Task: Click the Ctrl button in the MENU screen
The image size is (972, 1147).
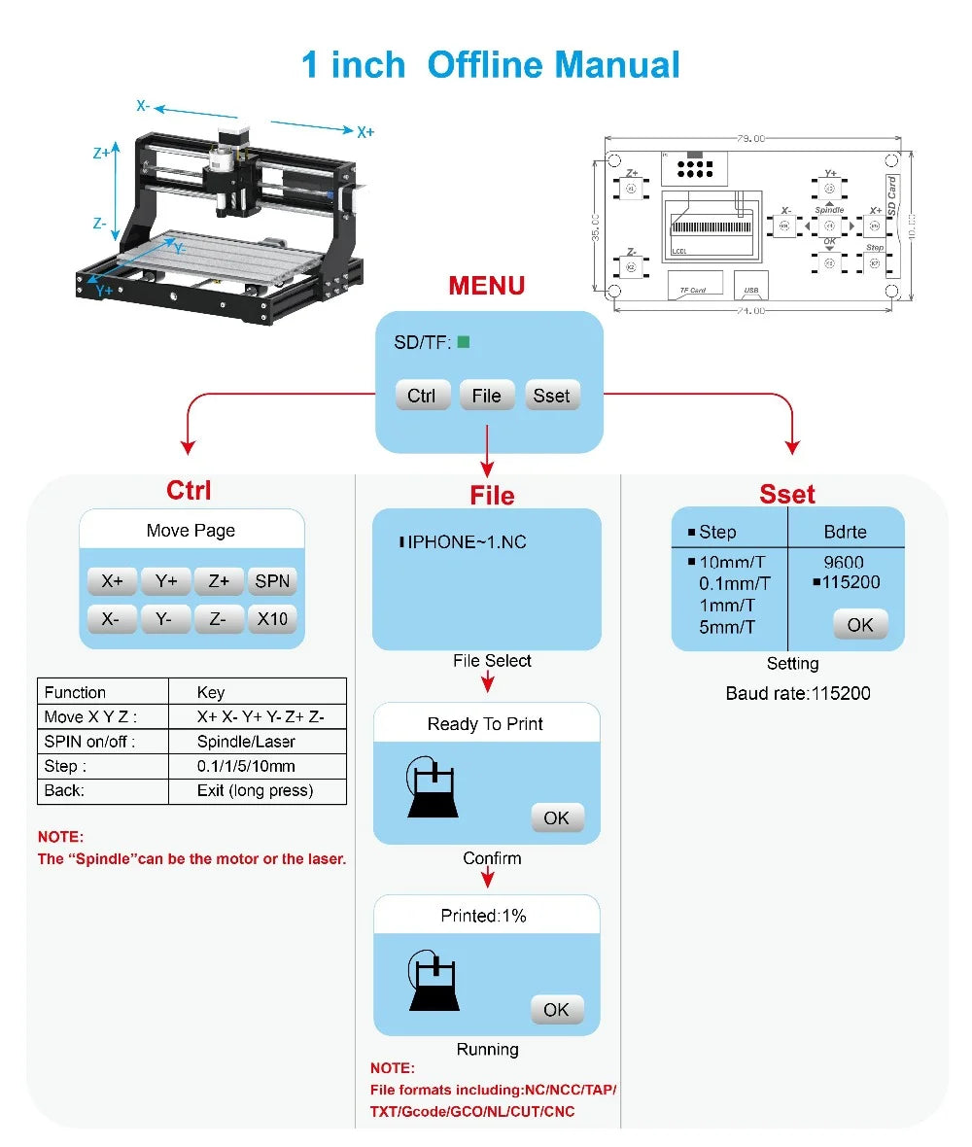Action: point(422,396)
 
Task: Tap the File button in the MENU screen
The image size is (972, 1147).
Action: point(486,396)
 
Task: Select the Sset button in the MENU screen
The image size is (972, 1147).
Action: point(551,396)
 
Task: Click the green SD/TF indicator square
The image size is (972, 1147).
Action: point(464,342)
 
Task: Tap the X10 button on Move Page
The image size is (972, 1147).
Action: point(272,618)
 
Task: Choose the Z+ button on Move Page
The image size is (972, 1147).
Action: point(219,581)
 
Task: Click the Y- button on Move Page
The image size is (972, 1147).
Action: point(164,618)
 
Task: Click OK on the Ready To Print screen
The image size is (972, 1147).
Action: point(556,817)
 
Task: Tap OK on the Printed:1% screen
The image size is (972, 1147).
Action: point(556,1009)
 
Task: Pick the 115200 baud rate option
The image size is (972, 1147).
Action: point(850,582)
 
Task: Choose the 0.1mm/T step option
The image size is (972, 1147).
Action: point(734,583)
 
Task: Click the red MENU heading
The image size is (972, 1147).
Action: point(486,286)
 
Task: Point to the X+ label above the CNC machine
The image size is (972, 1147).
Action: point(364,132)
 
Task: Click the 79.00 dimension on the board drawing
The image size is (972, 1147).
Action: point(749,139)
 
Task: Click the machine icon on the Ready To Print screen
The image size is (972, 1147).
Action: point(434,788)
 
